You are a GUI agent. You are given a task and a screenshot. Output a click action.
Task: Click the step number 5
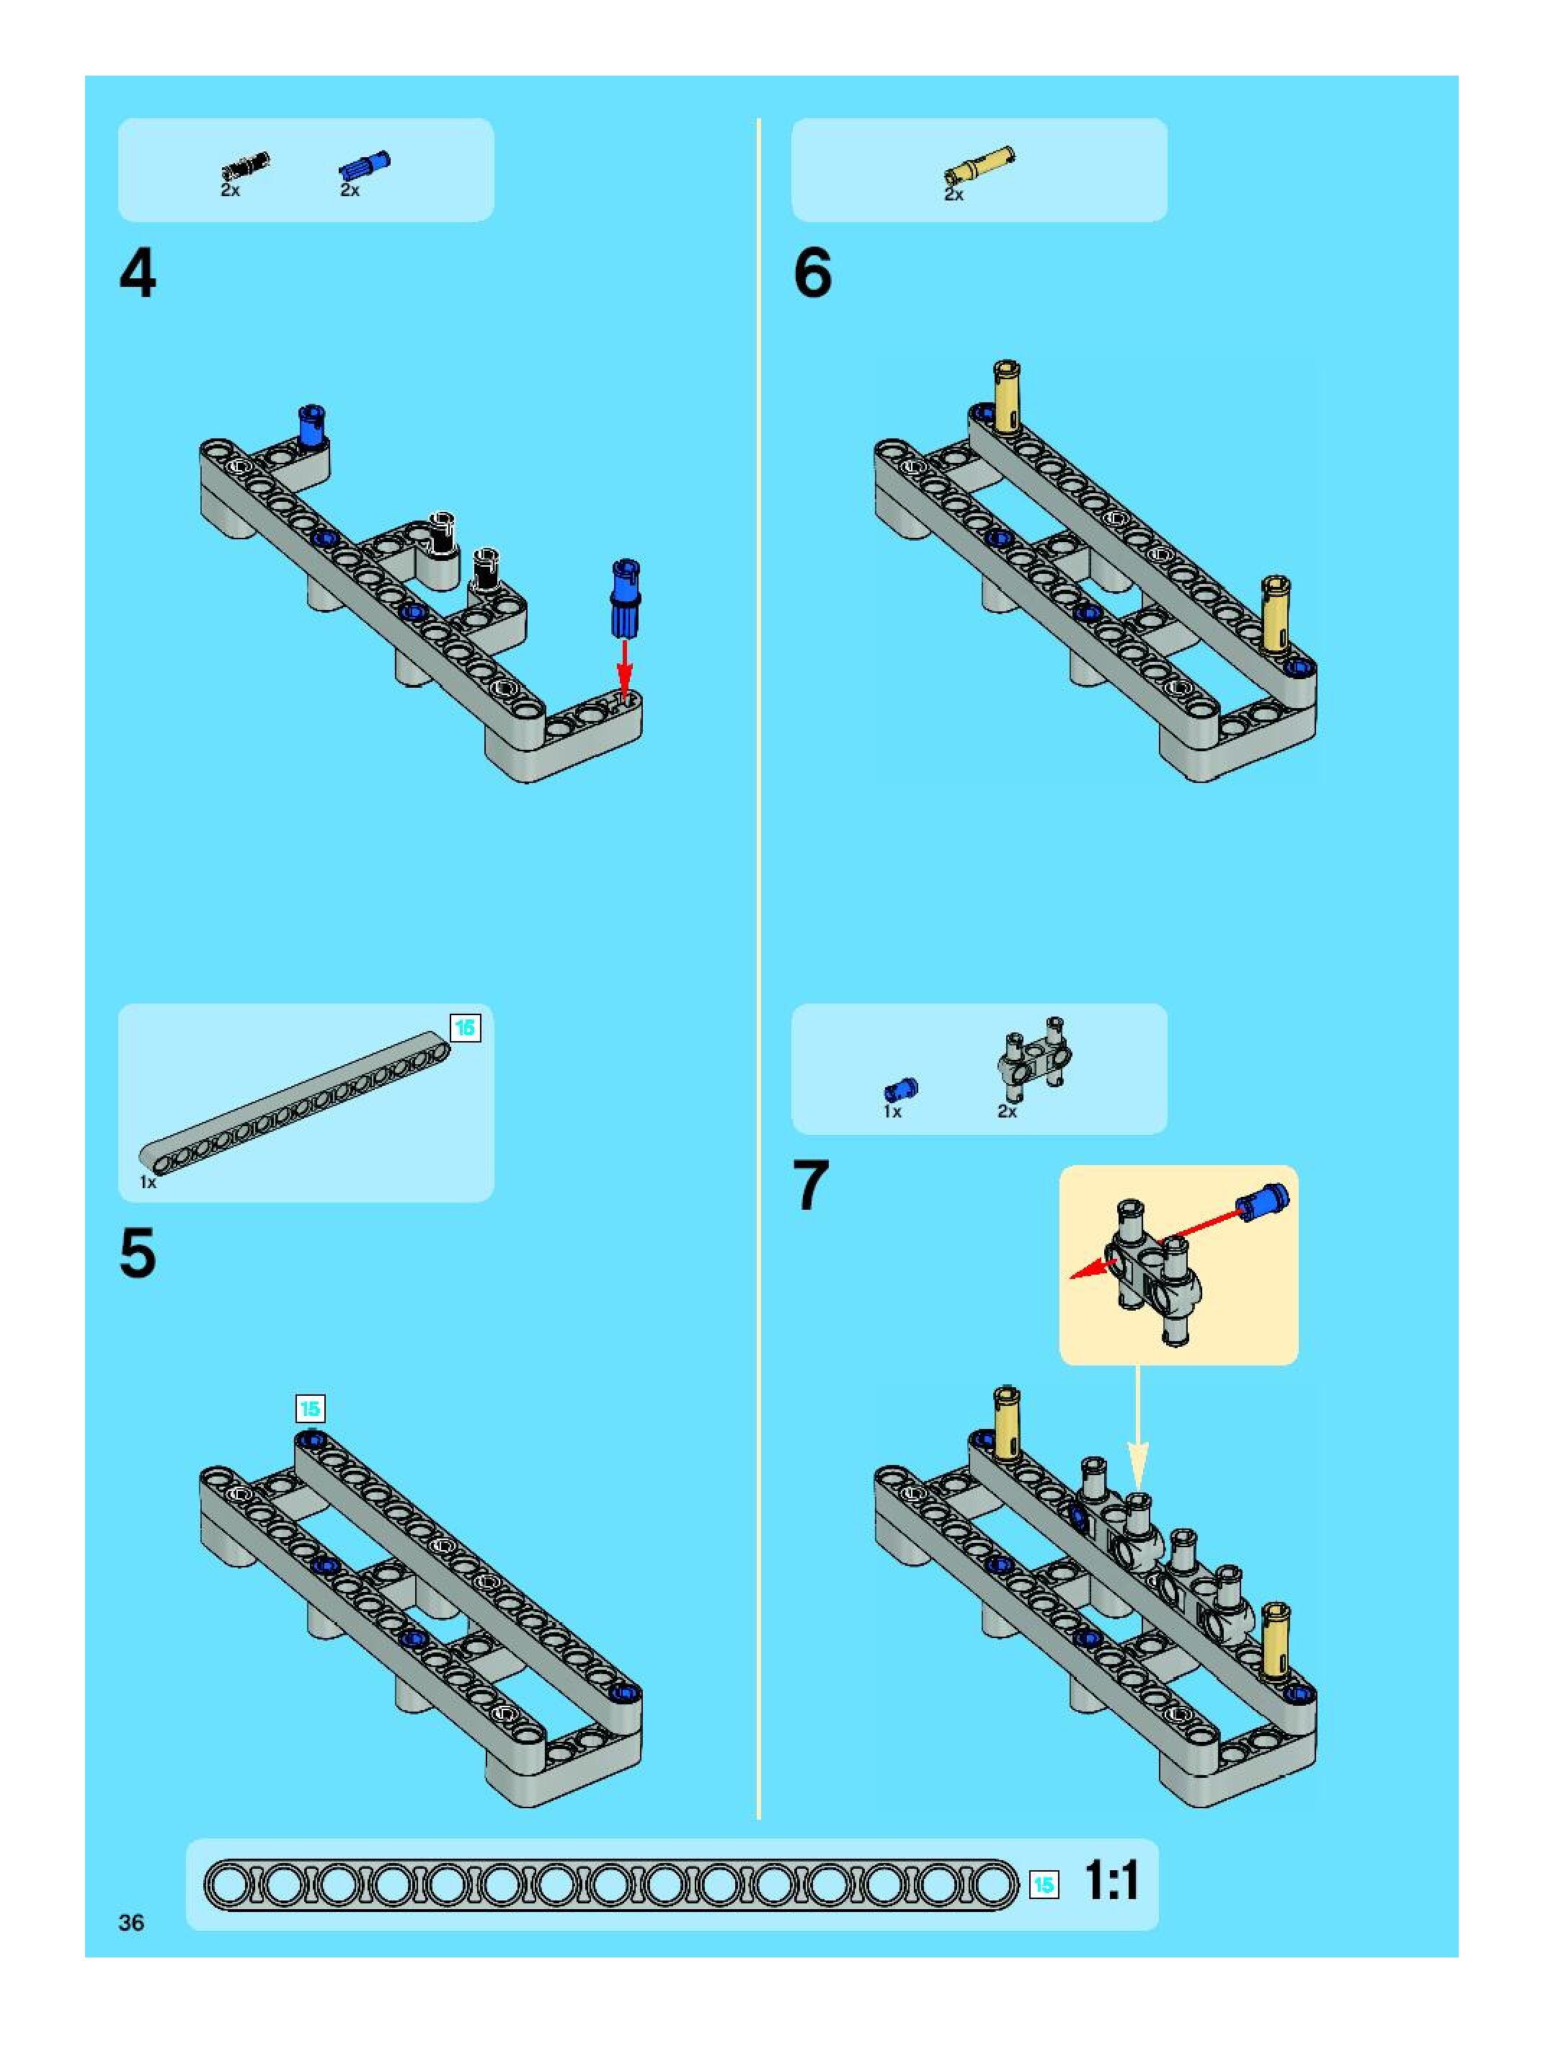coord(138,1255)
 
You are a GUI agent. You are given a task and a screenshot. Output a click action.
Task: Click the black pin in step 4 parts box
coord(244,166)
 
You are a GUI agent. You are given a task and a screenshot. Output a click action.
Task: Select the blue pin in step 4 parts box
coord(365,166)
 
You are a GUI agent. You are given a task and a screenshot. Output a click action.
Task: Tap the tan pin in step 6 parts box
coord(979,165)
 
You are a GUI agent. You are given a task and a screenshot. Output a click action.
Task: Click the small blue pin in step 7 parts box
coord(900,1089)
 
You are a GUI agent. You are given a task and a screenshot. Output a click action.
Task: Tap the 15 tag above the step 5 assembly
coord(310,1409)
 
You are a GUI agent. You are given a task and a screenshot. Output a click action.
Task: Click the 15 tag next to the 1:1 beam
coord(1044,1884)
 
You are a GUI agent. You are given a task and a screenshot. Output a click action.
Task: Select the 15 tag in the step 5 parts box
coord(465,1027)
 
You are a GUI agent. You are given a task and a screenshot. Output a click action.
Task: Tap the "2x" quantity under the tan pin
coord(954,195)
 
